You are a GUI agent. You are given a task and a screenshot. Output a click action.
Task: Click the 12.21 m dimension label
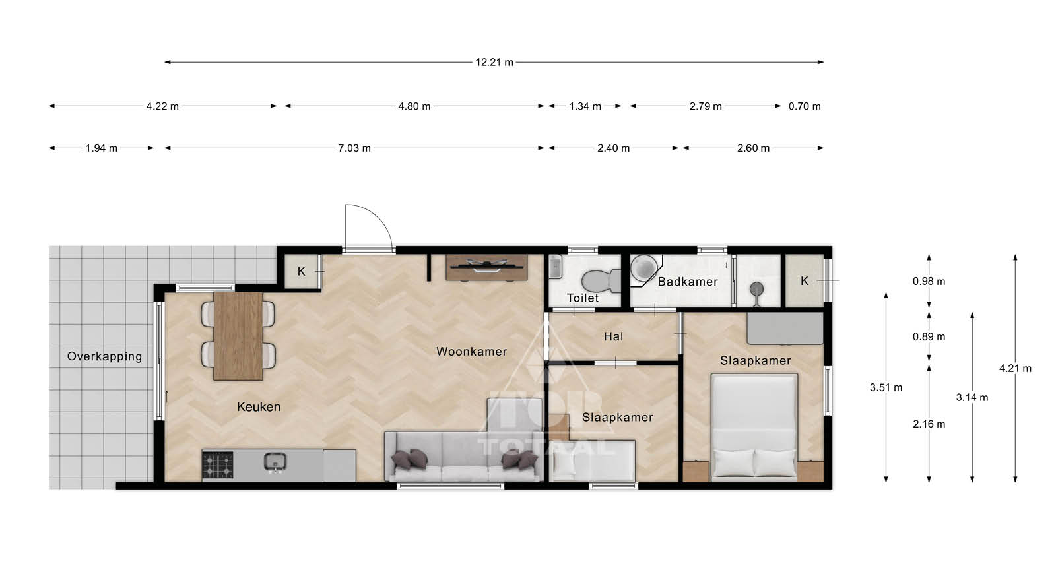494,62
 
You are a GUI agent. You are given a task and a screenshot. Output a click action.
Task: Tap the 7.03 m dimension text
354,148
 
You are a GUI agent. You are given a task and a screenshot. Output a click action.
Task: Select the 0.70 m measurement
805,106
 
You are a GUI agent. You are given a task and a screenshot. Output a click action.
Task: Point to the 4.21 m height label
1015,369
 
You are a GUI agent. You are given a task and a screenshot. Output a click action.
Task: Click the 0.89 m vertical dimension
929,337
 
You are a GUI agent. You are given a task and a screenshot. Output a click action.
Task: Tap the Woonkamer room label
471,352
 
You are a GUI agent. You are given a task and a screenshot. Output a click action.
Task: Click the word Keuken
258,406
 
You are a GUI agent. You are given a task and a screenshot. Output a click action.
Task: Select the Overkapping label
104,356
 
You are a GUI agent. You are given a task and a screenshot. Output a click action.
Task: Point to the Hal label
613,336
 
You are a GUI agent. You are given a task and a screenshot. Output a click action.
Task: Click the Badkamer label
688,282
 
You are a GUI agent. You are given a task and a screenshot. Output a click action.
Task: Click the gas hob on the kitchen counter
217,464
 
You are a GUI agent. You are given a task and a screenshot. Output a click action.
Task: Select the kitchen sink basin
275,462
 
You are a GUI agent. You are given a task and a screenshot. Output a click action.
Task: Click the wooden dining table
238,336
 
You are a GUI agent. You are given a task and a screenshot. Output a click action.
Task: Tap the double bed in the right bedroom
754,428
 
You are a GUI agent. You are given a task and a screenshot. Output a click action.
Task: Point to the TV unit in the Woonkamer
486,268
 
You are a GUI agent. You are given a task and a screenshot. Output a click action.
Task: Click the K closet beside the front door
302,271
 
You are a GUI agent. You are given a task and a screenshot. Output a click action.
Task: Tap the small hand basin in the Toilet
556,267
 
